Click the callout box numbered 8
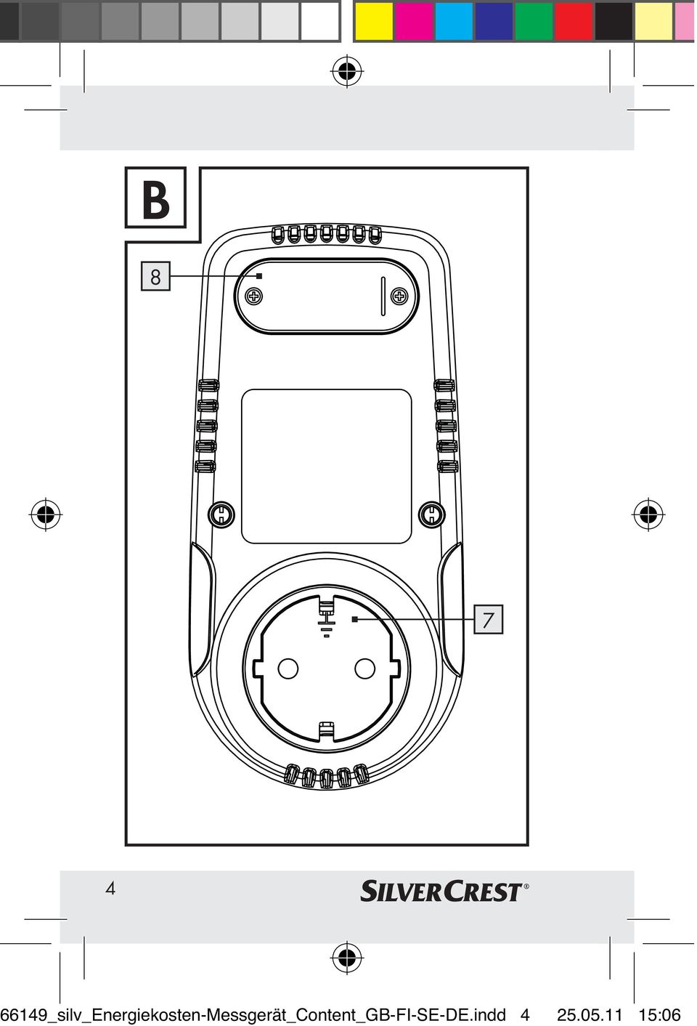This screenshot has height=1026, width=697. click(x=155, y=276)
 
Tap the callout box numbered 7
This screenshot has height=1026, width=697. click(x=488, y=620)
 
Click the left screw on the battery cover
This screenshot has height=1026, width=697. click(x=254, y=296)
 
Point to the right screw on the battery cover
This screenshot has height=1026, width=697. click(x=399, y=296)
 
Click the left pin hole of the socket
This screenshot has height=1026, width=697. click(x=288, y=668)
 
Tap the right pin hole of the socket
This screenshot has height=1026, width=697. click(x=364, y=668)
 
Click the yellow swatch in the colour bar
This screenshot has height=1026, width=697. click(x=374, y=21)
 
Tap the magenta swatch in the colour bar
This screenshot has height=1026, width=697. click(x=414, y=21)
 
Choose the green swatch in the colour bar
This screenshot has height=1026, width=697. click(x=534, y=21)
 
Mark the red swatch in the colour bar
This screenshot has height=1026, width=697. click(x=574, y=21)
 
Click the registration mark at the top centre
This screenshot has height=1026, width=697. click(x=347, y=71)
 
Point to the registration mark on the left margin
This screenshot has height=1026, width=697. click(x=45, y=514)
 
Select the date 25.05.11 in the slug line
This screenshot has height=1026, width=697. click(x=590, y=1014)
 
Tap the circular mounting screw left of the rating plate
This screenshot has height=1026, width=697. click(x=221, y=514)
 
